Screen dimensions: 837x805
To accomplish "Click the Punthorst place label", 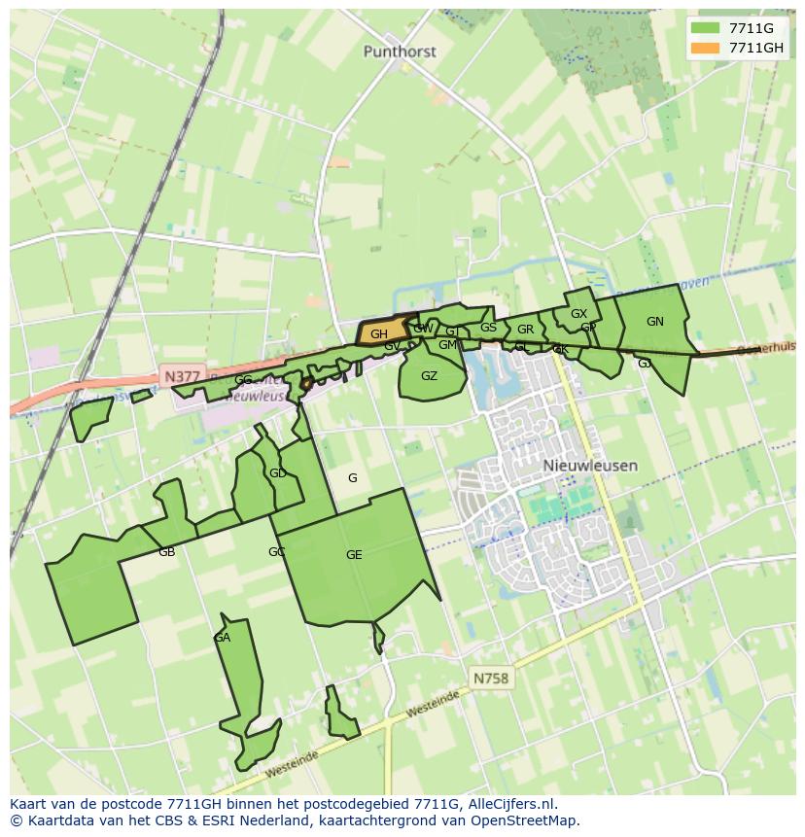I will (x=400, y=52).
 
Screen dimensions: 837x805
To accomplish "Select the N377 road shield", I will (x=182, y=376).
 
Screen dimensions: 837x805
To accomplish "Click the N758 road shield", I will (x=490, y=679).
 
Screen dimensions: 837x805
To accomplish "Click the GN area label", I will (x=655, y=322).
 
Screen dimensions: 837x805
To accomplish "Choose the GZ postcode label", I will (x=429, y=376).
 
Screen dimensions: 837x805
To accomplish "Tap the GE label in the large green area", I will (x=354, y=555).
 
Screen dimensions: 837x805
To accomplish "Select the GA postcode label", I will (x=222, y=638).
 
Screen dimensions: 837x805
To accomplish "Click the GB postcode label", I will (x=166, y=552).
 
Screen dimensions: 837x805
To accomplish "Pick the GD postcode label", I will (x=277, y=473).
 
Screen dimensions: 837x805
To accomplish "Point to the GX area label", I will (x=578, y=314).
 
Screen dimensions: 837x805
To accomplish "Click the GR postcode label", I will (x=525, y=330).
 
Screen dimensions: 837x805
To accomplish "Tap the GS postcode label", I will (x=488, y=328).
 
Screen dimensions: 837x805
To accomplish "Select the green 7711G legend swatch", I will (x=705, y=28).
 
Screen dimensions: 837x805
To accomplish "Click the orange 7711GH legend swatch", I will (x=705, y=48).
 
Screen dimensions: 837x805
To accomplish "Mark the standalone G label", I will (x=352, y=477).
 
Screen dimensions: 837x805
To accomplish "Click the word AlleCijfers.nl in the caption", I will (x=510, y=804).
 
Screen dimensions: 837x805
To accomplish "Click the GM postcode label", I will (x=446, y=345).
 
